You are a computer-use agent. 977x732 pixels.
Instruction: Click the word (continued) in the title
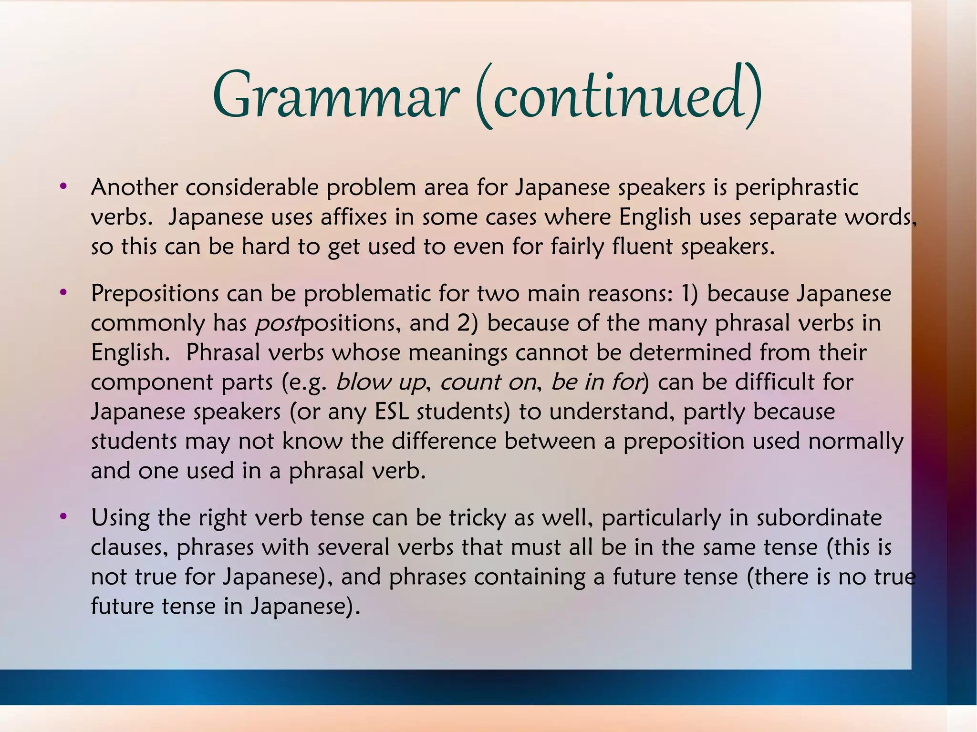(x=618, y=95)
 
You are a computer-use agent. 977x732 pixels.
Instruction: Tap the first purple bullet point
(x=63, y=186)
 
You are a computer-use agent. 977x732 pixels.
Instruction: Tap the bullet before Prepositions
(x=63, y=292)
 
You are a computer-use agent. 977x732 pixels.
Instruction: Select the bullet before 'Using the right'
(x=63, y=516)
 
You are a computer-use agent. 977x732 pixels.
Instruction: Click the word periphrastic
(x=796, y=187)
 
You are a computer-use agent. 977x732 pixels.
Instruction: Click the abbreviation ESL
(x=392, y=412)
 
